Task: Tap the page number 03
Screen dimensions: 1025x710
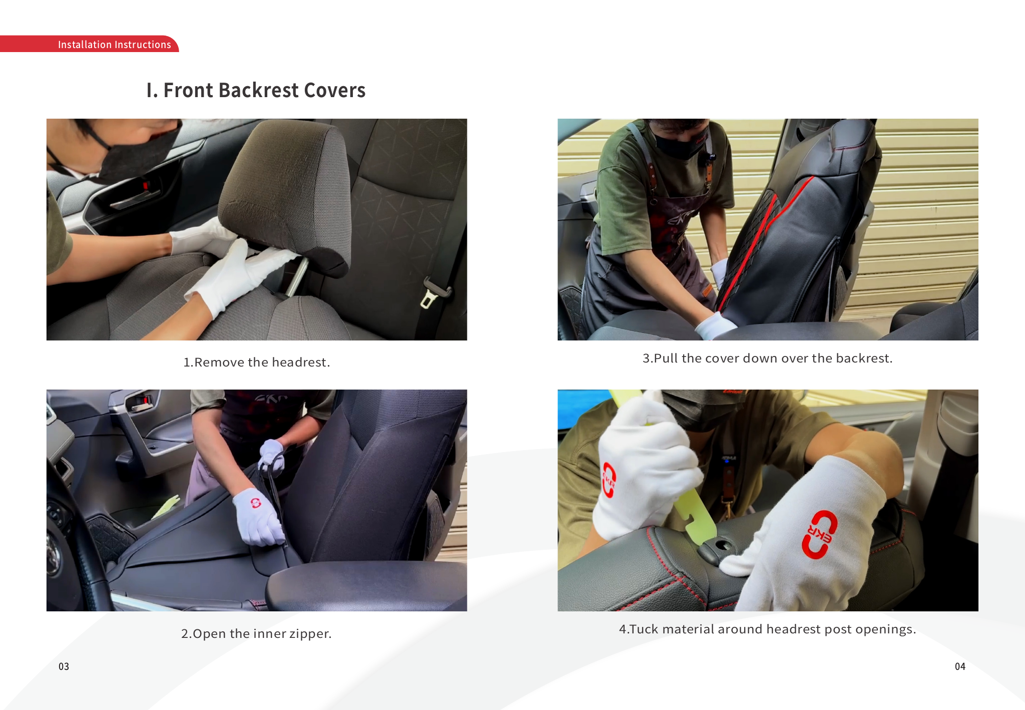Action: (x=64, y=666)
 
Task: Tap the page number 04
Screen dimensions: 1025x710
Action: (x=960, y=666)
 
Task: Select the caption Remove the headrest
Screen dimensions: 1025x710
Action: (x=257, y=362)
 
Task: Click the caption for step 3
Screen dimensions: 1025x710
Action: (x=767, y=358)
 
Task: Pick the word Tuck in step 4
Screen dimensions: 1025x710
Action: (x=644, y=629)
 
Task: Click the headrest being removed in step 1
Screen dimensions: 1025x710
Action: (x=285, y=195)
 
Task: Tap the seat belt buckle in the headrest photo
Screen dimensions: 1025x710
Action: (x=433, y=293)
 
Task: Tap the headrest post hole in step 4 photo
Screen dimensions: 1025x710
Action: (x=722, y=544)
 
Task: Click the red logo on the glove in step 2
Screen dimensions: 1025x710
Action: (x=256, y=503)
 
